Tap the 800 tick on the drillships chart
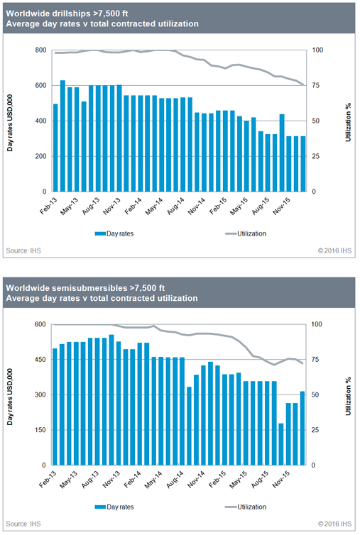point(40,50)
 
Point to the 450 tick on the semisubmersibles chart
point(40,360)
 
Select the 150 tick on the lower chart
point(40,430)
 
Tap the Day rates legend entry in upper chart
point(118,232)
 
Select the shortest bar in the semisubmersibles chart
point(282,444)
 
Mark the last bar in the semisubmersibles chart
point(304,428)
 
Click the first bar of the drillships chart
point(55,148)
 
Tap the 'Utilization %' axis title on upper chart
point(348,121)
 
